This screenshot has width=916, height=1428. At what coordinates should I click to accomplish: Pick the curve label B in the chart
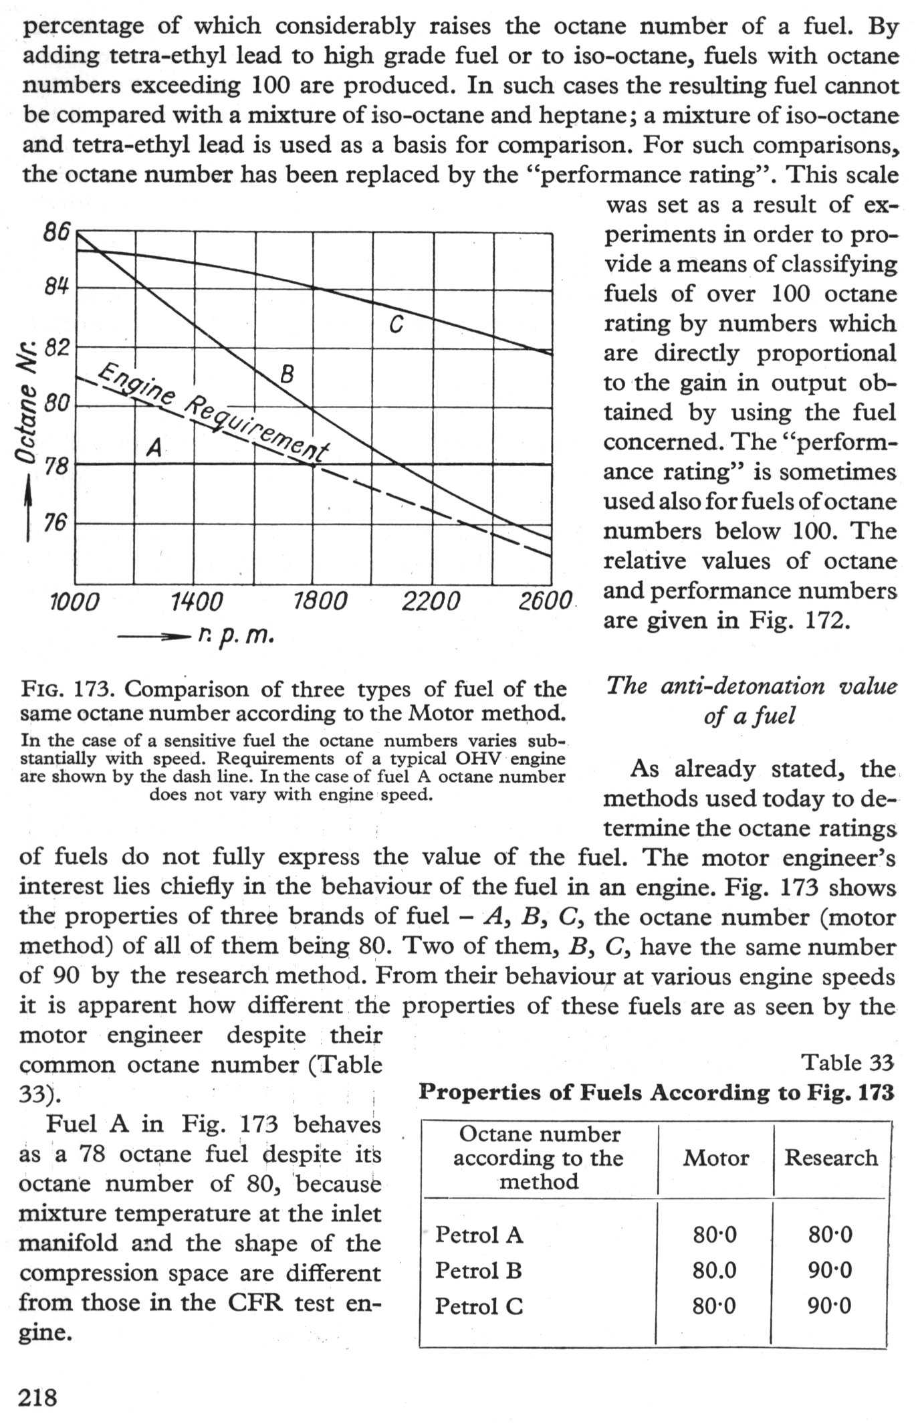point(287,374)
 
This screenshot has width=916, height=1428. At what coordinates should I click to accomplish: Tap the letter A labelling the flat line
point(154,447)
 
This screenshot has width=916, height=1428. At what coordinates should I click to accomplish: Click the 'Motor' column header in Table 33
point(715,1158)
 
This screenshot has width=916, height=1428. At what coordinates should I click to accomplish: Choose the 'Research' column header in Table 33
point(830,1158)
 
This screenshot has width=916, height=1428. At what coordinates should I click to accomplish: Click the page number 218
point(38,1397)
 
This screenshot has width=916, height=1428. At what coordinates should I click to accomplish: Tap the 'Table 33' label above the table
point(847,1061)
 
